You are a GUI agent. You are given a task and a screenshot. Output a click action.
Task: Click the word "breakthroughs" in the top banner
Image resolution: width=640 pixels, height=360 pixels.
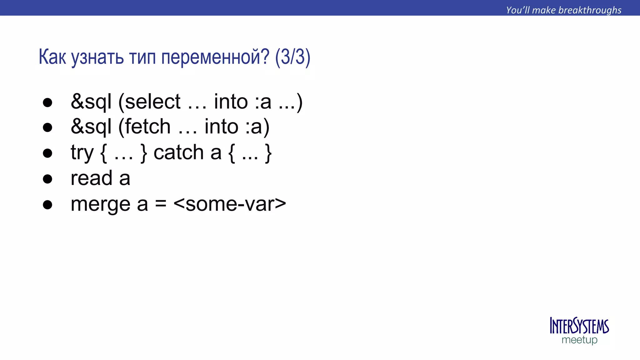[x=590, y=10]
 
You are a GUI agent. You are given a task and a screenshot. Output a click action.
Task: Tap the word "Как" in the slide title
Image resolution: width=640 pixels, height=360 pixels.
[x=52, y=57]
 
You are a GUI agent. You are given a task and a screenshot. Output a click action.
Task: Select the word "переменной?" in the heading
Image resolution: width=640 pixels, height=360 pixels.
[x=215, y=57]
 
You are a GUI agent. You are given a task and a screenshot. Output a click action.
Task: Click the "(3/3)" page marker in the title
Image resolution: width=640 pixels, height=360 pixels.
[x=293, y=57]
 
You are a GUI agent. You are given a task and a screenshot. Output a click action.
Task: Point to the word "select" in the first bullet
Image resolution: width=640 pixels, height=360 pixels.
[x=152, y=102]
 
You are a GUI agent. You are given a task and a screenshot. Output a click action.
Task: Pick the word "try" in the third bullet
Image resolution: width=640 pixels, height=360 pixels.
[x=82, y=153]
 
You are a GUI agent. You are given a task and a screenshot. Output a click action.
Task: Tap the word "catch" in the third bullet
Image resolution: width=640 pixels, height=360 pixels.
[x=178, y=152]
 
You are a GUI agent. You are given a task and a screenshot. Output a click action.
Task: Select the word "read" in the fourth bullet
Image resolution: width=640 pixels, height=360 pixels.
[x=91, y=178]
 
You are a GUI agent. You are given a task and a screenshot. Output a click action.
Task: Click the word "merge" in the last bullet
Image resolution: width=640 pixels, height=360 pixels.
[x=100, y=204]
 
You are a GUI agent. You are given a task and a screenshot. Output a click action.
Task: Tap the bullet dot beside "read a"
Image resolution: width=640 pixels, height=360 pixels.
[x=47, y=179]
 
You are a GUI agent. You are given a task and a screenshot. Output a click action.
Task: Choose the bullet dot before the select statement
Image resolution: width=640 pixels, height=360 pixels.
[x=47, y=103]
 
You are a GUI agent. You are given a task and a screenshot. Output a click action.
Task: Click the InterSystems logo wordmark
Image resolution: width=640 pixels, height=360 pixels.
[x=579, y=326]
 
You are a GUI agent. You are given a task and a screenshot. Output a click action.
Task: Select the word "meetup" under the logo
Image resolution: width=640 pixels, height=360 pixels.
[x=579, y=340]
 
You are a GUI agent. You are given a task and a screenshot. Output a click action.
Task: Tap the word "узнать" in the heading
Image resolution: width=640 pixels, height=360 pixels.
[x=97, y=57]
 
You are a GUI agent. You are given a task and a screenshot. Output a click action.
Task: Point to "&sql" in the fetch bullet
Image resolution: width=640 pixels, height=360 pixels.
[x=91, y=127]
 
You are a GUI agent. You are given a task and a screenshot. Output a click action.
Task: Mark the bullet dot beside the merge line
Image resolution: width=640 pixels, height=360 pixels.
[x=47, y=205]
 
